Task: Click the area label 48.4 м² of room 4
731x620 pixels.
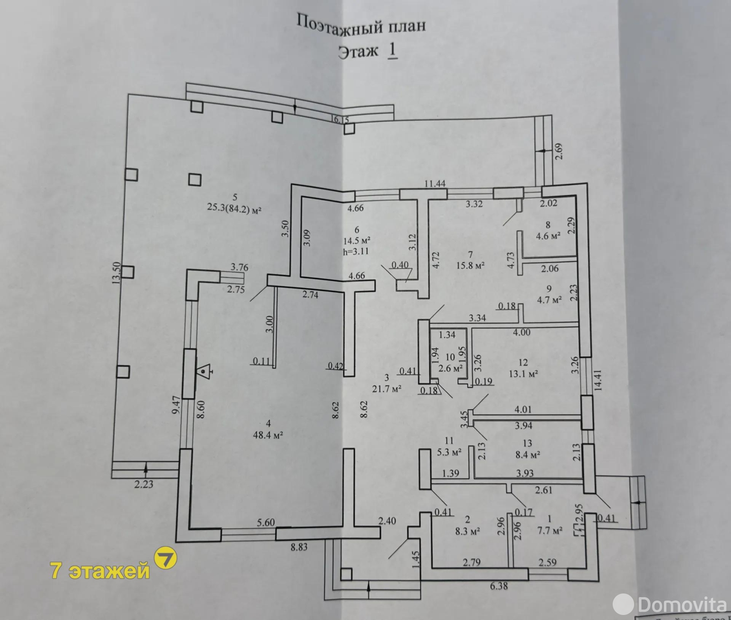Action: pyautogui.click(x=268, y=435)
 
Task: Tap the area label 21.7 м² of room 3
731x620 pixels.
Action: pyautogui.click(x=387, y=389)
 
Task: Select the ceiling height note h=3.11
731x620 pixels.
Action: pyautogui.click(x=355, y=251)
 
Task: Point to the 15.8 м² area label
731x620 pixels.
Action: pyautogui.click(x=471, y=265)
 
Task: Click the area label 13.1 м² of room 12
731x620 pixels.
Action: pyautogui.click(x=523, y=374)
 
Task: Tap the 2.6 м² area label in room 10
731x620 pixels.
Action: pyautogui.click(x=450, y=368)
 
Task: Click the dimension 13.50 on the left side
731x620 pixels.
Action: pyautogui.click(x=116, y=273)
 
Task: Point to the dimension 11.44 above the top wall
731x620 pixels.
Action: pyautogui.click(x=435, y=184)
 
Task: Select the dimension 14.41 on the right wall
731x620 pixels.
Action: pyautogui.click(x=598, y=380)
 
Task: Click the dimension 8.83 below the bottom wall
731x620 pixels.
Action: pyautogui.click(x=299, y=546)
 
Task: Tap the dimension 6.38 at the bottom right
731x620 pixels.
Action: pyautogui.click(x=499, y=585)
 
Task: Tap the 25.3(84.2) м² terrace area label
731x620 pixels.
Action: pyautogui.click(x=234, y=210)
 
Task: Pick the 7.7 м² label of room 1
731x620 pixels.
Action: pyautogui.click(x=549, y=530)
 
